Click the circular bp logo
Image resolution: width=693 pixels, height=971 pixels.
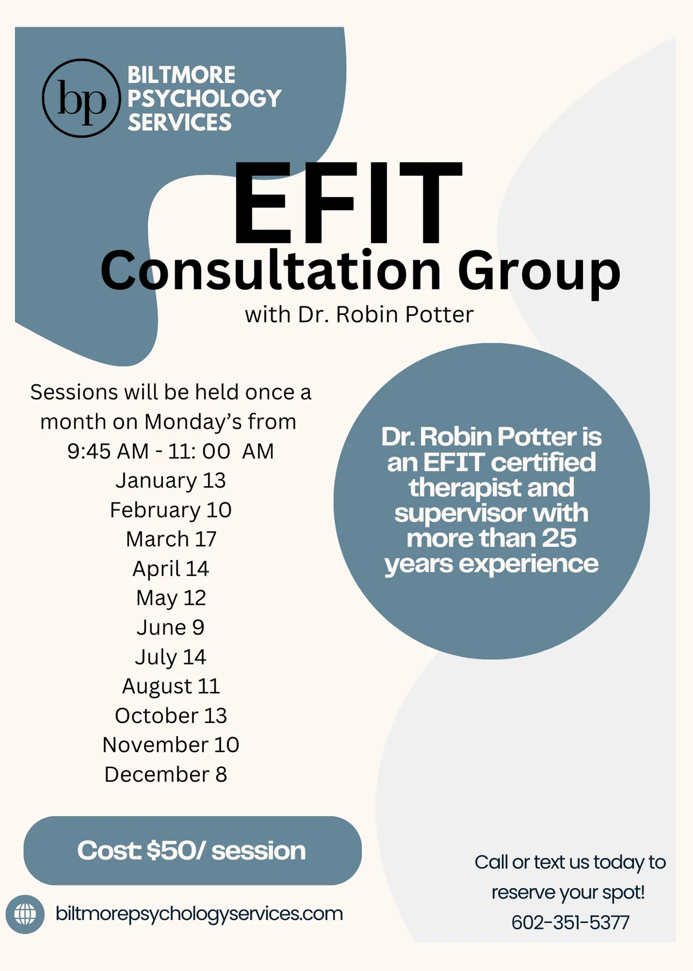coord(81,99)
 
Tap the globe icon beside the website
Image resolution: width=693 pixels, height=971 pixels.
coord(25,914)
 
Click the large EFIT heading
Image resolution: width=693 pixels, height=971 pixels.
coord(347,202)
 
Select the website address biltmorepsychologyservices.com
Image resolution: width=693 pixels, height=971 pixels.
coord(199,914)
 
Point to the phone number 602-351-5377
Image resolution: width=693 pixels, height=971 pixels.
coord(570,922)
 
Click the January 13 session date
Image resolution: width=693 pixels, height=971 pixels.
coord(171,481)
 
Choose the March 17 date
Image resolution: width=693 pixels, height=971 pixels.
coord(171,539)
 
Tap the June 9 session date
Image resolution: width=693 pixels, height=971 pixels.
coord(171,627)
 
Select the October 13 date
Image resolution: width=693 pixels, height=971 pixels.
coord(171,716)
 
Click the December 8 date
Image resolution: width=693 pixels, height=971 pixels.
coord(166,774)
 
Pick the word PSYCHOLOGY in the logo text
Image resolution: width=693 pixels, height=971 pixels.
coord(204,99)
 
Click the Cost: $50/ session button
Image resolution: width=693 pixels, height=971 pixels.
coord(193,851)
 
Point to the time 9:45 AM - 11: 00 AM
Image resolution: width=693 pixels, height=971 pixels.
coord(171,451)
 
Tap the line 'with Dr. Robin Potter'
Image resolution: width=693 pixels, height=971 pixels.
coord(359,315)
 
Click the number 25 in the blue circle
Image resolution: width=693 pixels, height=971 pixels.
coord(559,538)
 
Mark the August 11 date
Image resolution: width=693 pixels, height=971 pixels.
coord(171,686)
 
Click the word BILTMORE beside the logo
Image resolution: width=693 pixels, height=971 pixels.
coord(181,75)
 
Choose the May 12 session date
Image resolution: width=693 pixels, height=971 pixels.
coord(171,598)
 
